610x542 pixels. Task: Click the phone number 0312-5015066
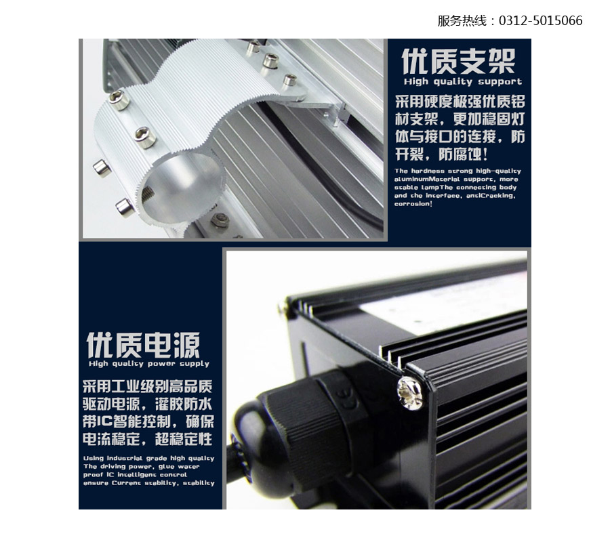pyautogui.click(x=540, y=20)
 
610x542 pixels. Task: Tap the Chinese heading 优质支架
pyautogui.click(x=458, y=61)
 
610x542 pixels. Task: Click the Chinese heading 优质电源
pyautogui.click(x=143, y=345)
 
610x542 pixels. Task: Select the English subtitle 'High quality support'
pyautogui.click(x=462, y=82)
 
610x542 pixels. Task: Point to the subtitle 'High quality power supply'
pyautogui.click(x=149, y=364)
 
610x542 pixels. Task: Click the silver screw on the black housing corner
pyautogui.click(x=409, y=394)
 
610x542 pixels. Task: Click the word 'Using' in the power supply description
pyautogui.click(x=94, y=459)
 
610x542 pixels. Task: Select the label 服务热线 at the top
pyautogui.click(x=462, y=20)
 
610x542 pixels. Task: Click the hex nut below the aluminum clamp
pyautogui.click(x=220, y=220)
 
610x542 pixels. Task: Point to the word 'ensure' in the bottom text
pyautogui.click(x=96, y=483)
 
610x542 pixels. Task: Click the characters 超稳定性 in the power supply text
pyautogui.click(x=184, y=439)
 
